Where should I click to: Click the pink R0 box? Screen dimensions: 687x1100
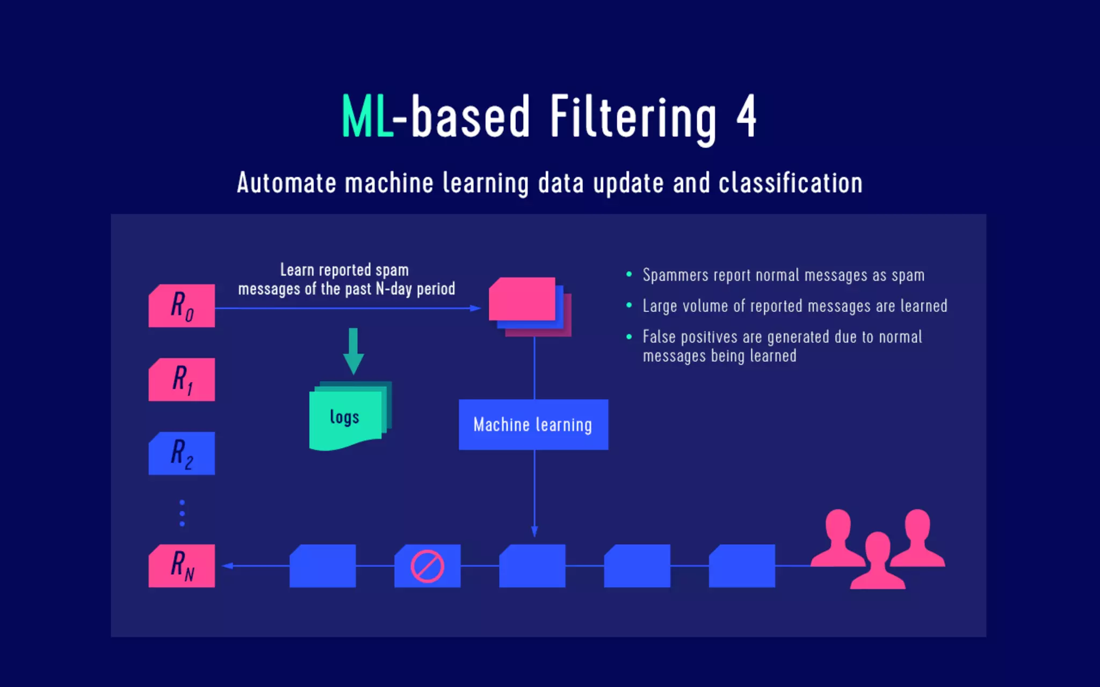point(182,306)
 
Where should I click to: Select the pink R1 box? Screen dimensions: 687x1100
point(182,379)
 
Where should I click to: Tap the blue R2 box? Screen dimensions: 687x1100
point(182,454)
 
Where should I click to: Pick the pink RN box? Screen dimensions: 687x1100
point(182,566)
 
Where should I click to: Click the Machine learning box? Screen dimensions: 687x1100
point(533,425)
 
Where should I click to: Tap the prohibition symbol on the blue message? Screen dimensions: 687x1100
point(428,566)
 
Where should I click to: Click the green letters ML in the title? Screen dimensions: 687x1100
point(367,117)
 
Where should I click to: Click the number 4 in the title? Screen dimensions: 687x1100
point(747,116)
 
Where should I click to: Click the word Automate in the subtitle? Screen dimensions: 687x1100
point(286,183)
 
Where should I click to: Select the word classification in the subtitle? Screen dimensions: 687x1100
point(790,183)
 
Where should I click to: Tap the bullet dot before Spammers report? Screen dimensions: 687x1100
point(629,274)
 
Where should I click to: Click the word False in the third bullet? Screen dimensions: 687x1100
point(659,337)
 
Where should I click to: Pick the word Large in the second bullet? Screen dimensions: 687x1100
point(660,306)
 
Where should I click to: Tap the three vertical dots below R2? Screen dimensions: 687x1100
point(182,513)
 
